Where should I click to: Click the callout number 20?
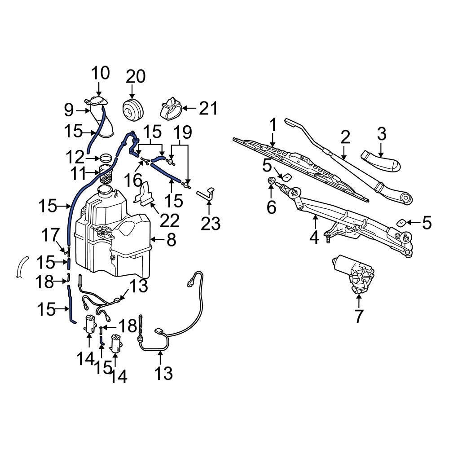pyautogui.click(x=135, y=77)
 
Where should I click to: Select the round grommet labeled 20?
pyautogui.click(x=132, y=110)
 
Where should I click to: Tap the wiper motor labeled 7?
pyautogui.click(x=356, y=274)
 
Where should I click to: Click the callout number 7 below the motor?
pyautogui.click(x=358, y=316)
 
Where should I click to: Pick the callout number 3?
pyautogui.click(x=381, y=133)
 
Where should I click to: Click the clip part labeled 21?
pyautogui.click(x=171, y=108)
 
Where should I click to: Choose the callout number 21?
pyautogui.click(x=208, y=108)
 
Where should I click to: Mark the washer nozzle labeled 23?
pyautogui.click(x=206, y=194)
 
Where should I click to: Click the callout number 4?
pyautogui.click(x=314, y=236)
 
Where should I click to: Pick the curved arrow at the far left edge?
pyautogui.click(x=20, y=267)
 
